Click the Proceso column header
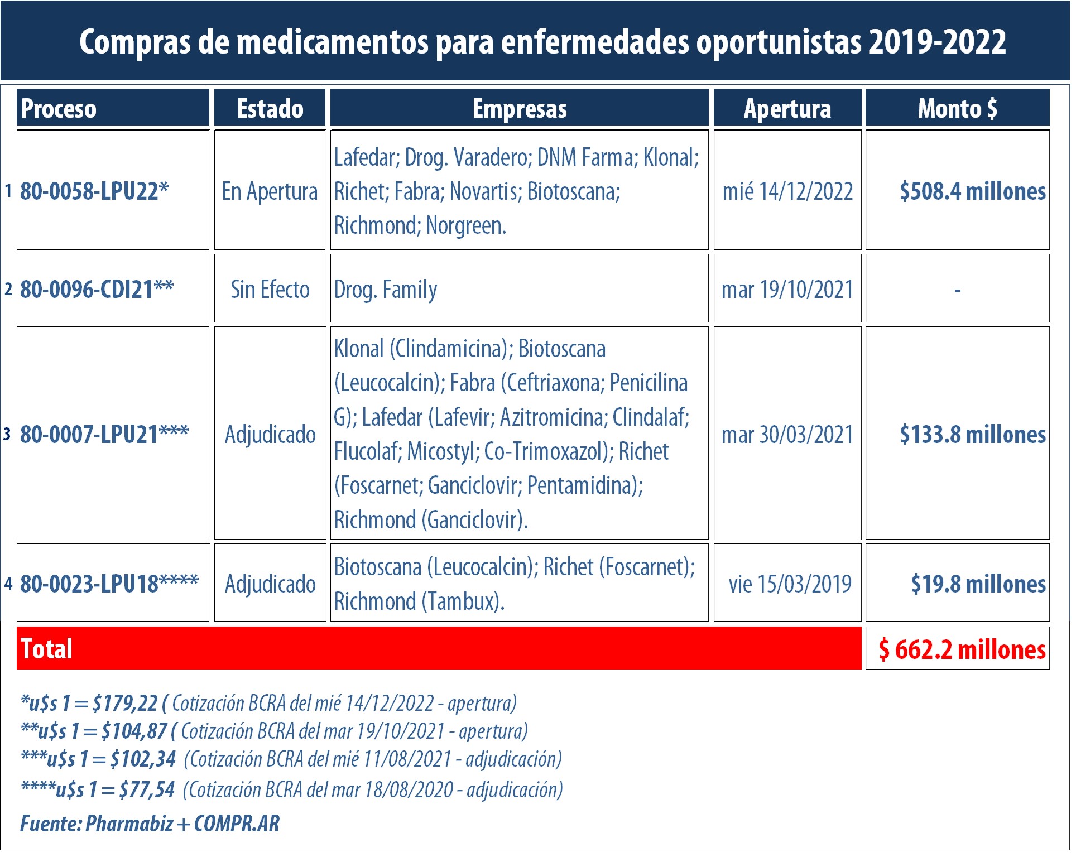click(x=59, y=108)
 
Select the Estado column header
click(x=270, y=108)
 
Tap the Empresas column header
click(x=520, y=108)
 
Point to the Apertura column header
click(x=787, y=108)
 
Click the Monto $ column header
click(x=957, y=108)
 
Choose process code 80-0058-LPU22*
click(x=94, y=191)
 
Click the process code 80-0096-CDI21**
click(x=97, y=289)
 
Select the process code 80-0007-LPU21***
click(x=104, y=434)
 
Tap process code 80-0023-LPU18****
click(x=109, y=584)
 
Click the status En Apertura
click(x=270, y=191)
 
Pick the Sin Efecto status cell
click(x=270, y=289)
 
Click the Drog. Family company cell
click(x=386, y=289)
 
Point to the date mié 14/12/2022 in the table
click(x=787, y=191)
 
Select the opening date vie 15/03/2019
click(x=790, y=584)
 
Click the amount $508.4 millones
click(x=972, y=191)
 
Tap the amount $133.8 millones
click(x=972, y=434)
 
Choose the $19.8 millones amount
click(x=978, y=584)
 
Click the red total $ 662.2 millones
click(x=962, y=649)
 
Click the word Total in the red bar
click(x=47, y=649)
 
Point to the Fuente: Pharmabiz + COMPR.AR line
click(x=150, y=824)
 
